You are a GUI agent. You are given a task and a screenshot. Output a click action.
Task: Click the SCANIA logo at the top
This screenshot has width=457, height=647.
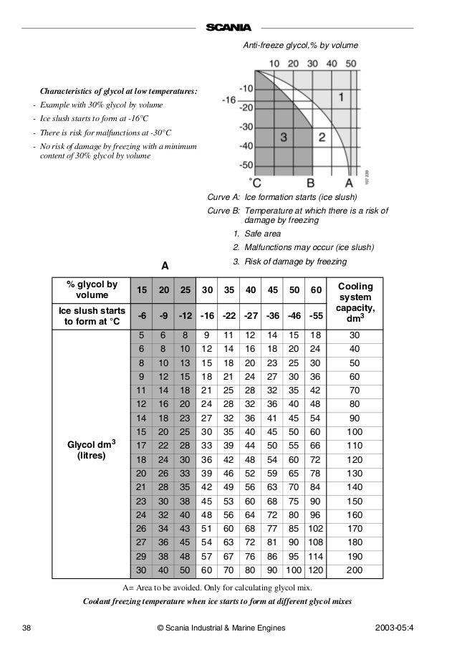click(x=228, y=27)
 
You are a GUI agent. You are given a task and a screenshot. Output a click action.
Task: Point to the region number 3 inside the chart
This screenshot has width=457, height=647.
click(x=284, y=136)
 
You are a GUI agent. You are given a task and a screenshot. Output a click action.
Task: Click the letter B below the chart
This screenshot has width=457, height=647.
click(x=311, y=181)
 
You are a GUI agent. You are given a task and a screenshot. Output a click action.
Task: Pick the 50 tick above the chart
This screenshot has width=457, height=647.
click(x=350, y=64)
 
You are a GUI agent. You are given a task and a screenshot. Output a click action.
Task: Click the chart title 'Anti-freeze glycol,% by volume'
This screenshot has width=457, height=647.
click(x=301, y=46)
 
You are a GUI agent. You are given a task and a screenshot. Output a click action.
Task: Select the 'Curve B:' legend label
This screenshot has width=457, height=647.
click(x=223, y=211)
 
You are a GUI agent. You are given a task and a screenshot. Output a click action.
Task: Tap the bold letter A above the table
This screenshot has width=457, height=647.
click(x=164, y=266)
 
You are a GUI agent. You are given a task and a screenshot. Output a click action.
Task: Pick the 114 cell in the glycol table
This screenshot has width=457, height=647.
click(x=312, y=556)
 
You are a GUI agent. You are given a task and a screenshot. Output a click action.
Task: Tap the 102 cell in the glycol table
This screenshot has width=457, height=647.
click(x=312, y=529)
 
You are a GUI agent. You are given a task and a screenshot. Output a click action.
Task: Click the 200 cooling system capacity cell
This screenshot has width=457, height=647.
click(x=355, y=570)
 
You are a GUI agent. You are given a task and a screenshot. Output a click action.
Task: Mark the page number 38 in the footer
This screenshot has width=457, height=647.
click(x=27, y=628)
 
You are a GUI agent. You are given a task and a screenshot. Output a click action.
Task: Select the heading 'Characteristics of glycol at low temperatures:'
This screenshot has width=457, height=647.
click(x=118, y=92)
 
